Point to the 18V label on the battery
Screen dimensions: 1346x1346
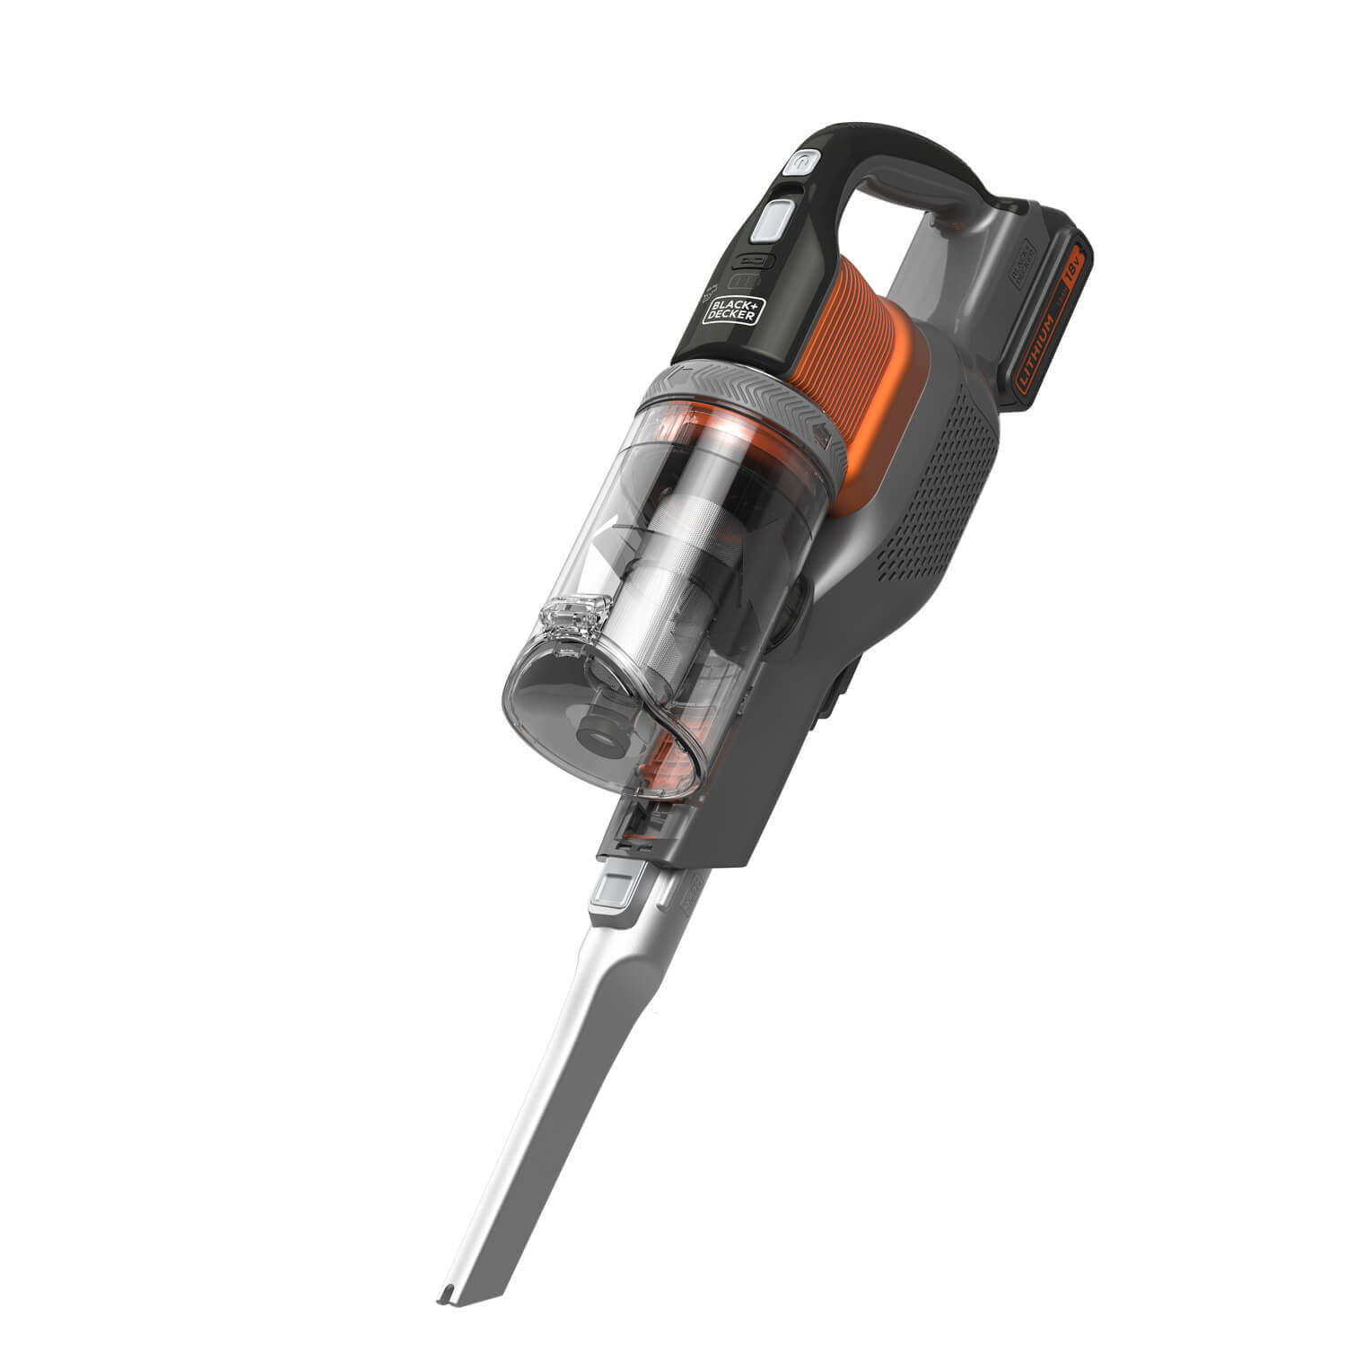(1073, 269)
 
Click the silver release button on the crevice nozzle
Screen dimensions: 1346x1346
(615, 888)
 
